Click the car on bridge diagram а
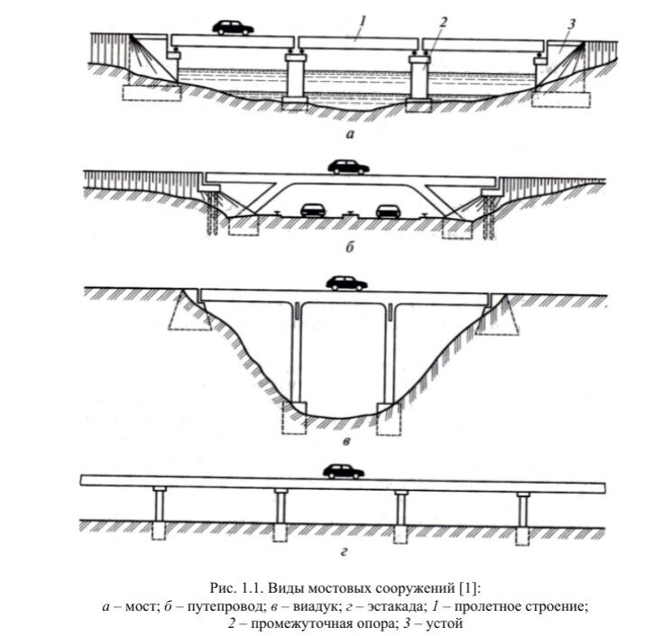click(233, 27)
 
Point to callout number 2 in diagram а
click(443, 22)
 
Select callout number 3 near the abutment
click(571, 24)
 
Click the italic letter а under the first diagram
click(351, 134)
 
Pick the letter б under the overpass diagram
click(350, 247)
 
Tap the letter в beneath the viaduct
click(347, 440)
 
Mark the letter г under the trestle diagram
click(344, 552)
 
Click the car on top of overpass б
click(348, 167)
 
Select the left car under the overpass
click(313, 210)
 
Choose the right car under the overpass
click(388, 210)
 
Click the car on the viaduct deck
click(346, 283)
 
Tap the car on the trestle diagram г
click(344, 471)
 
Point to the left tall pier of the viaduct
click(296, 355)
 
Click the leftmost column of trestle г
click(160, 507)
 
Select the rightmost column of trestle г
click(523, 511)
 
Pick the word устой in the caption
click(445, 623)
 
